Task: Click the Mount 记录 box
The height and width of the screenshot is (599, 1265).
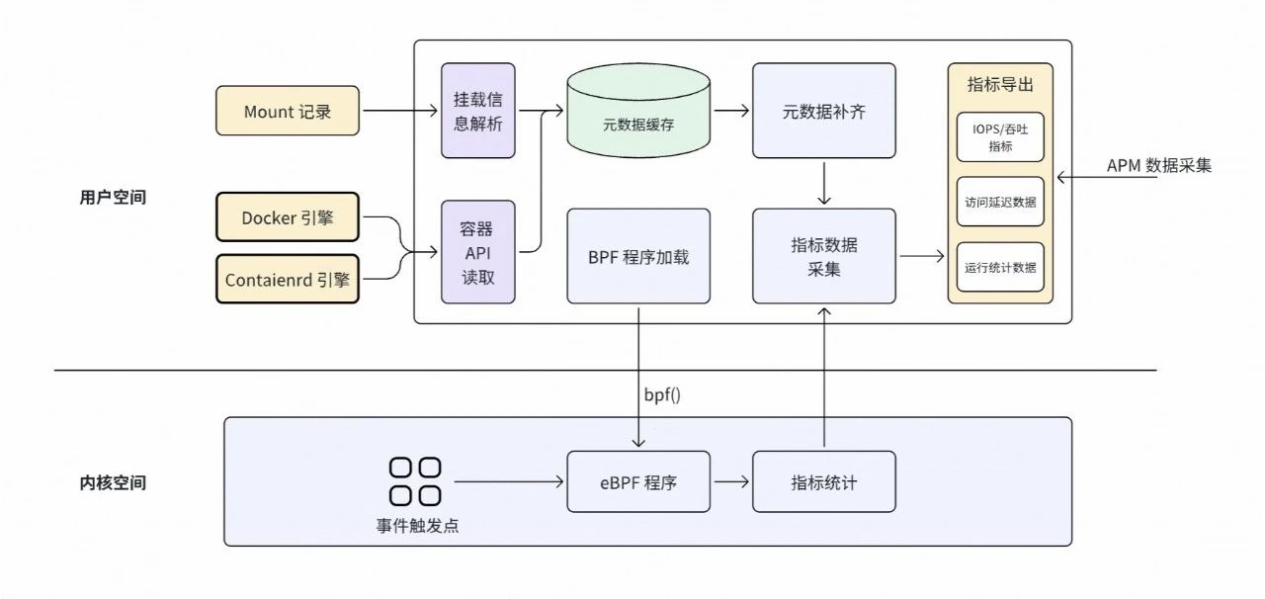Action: (x=288, y=112)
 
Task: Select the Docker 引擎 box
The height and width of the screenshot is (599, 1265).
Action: (x=288, y=218)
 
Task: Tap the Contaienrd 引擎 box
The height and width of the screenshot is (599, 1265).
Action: (x=288, y=279)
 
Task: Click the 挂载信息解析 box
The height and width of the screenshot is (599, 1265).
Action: (x=478, y=111)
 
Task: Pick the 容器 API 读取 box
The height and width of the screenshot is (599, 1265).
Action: (x=478, y=253)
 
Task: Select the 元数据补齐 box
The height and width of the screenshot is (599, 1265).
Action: (x=824, y=111)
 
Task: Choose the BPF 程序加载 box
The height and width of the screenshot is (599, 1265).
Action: (x=638, y=256)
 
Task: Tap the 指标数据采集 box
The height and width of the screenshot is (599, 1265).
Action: (x=824, y=256)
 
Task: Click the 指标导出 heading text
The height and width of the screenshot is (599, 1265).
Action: (x=1000, y=85)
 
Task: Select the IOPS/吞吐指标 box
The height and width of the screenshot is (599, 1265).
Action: (x=1000, y=138)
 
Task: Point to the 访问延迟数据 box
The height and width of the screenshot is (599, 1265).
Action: (x=1000, y=203)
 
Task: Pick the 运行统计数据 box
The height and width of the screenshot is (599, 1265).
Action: (x=1000, y=267)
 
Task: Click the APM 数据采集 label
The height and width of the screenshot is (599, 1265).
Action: (x=1158, y=165)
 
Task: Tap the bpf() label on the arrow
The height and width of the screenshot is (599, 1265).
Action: (x=662, y=394)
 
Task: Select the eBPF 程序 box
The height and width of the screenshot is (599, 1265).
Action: (x=638, y=481)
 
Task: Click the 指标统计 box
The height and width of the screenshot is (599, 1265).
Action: (x=824, y=481)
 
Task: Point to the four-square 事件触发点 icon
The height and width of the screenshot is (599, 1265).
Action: (x=415, y=480)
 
